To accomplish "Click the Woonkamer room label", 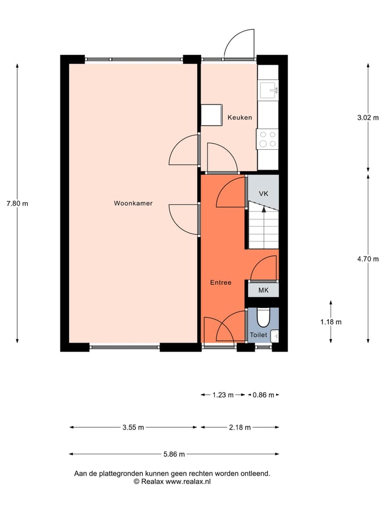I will click(133, 203).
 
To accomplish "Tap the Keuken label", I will click(240, 118).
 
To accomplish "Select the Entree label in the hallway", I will click(220, 282).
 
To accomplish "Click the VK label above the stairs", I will click(263, 193).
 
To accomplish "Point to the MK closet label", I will click(263, 290).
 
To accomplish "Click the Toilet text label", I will click(258, 335).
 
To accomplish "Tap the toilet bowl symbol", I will click(263, 317).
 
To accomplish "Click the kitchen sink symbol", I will click(268, 89).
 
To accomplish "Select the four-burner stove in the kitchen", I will click(267, 139).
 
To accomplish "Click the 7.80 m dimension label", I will click(17, 203).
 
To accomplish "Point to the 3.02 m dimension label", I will click(368, 118).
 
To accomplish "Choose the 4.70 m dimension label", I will click(368, 259).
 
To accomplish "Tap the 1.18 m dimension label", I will click(331, 322).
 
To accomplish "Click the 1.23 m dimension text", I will click(223, 395).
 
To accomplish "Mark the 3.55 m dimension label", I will click(133, 427).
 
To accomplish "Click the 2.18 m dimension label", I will click(240, 427).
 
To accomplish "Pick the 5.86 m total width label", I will click(174, 454).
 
